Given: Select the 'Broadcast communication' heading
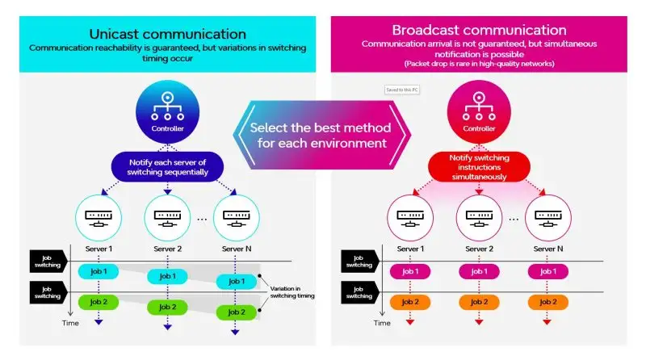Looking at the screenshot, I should click(x=478, y=31).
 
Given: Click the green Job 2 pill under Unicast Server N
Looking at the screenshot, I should click(x=237, y=312).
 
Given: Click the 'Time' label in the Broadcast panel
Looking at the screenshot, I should click(x=383, y=323).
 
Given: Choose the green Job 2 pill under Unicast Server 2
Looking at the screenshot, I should click(x=167, y=307).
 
